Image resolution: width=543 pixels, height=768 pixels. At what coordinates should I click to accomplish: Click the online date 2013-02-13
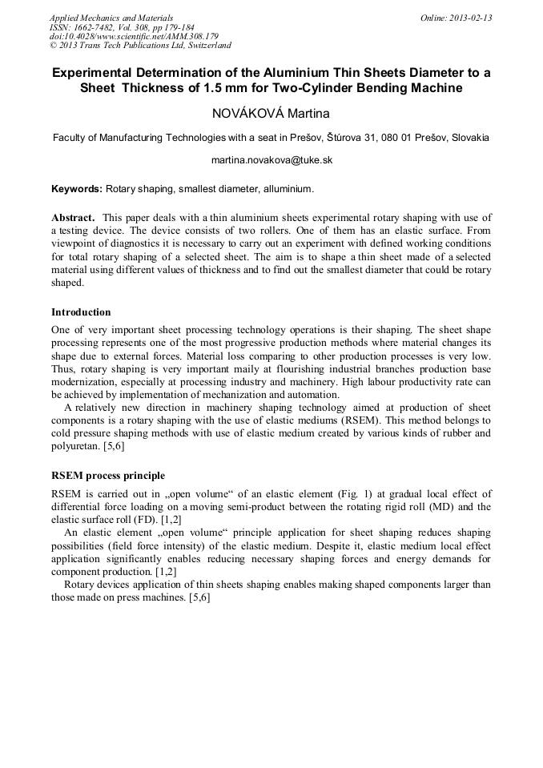click(469, 18)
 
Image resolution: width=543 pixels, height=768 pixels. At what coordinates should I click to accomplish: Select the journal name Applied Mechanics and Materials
click(111, 18)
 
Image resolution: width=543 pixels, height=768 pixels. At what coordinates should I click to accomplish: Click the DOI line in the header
click(133, 36)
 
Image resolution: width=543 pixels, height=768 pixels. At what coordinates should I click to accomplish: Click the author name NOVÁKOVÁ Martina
click(271, 114)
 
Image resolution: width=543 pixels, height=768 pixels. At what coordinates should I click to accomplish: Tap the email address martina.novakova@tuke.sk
click(271, 160)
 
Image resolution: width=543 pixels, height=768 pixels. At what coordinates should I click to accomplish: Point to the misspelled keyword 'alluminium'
click(287, 190)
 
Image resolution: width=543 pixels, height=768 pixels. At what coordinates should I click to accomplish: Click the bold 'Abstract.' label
click(74, 218)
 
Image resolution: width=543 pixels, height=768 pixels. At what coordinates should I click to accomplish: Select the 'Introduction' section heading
click(81, 312)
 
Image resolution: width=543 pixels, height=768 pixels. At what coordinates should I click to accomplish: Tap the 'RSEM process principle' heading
click(107, 476)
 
